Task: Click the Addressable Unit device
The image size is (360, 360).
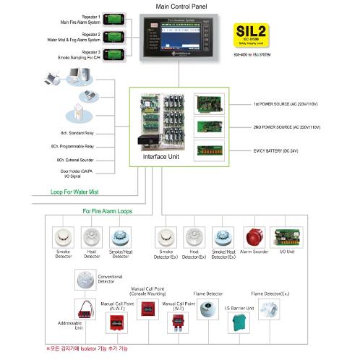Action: point(85,310)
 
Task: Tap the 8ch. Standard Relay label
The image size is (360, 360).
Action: point(77,134)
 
